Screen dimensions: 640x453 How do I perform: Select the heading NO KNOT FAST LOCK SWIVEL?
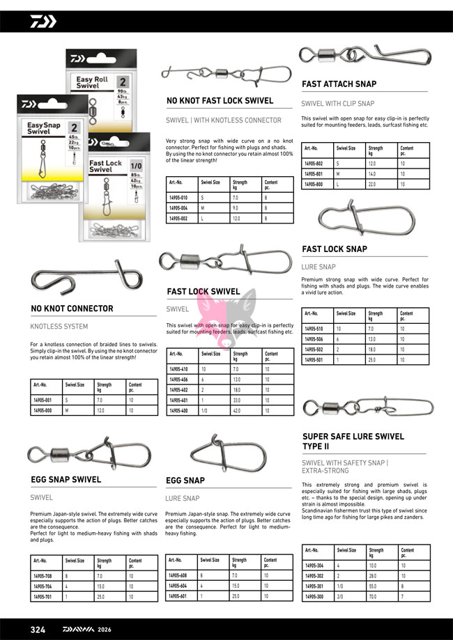coord(220,101)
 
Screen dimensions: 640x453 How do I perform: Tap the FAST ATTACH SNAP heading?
coord(339,84)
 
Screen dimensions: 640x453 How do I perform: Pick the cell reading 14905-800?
coord(314,185)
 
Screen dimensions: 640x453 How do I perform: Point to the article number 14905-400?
coord(178,412)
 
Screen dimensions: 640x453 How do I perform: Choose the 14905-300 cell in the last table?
coord(314,596)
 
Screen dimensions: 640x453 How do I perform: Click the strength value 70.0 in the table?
coord(375,596)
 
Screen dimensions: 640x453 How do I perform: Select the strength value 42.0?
coord(238,412)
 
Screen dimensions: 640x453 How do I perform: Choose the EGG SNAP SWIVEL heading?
coord(66,479)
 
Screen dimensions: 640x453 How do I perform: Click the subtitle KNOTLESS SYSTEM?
coord(59,326)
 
